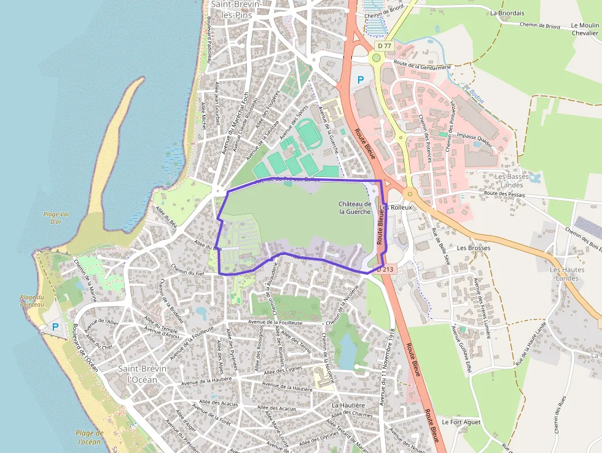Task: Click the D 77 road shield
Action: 385,45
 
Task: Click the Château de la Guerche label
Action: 355,208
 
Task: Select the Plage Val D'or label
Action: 52,218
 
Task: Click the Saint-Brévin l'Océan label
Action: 137,374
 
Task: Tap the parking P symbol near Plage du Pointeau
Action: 55,327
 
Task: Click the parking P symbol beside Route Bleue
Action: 361,79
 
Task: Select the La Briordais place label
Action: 507,12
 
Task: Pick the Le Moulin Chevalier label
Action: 584,30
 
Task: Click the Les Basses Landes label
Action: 512,181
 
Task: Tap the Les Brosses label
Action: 474,248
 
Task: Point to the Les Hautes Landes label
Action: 563,274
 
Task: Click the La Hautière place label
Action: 348,406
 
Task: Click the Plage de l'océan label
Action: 89,437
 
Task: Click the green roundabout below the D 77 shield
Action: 376,58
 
